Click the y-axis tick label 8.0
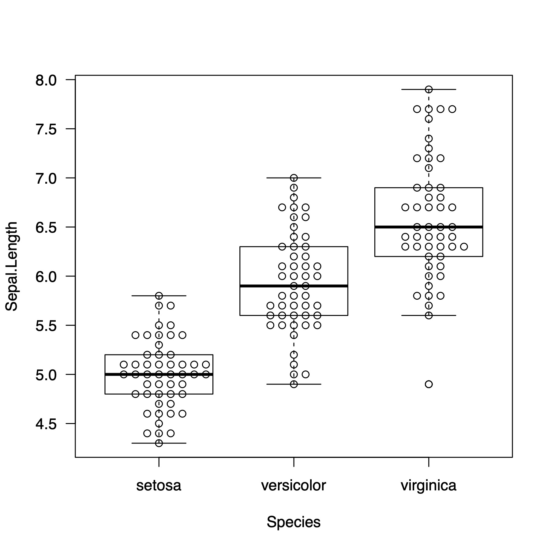click(x=46, y=80)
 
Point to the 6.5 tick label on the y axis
click(x=46, y=227)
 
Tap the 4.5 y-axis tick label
click(x=46, y=424)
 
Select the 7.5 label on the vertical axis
click(x=46, y=129)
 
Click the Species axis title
click(x=294, y=522)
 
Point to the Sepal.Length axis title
click(x=12, y=266)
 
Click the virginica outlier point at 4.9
click(x=429, y=384)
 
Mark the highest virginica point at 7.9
click(x=429, y=89)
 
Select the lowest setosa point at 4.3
click(x=159, y=443)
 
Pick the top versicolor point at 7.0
click(x=294, y=178)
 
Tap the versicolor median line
click(x=260, y=286)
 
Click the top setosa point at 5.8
click(x=159, y=296)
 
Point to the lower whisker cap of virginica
click(x=444, y=315)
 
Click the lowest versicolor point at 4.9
click(x=294, y=384)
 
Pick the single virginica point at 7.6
click(x=429, y=119)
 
